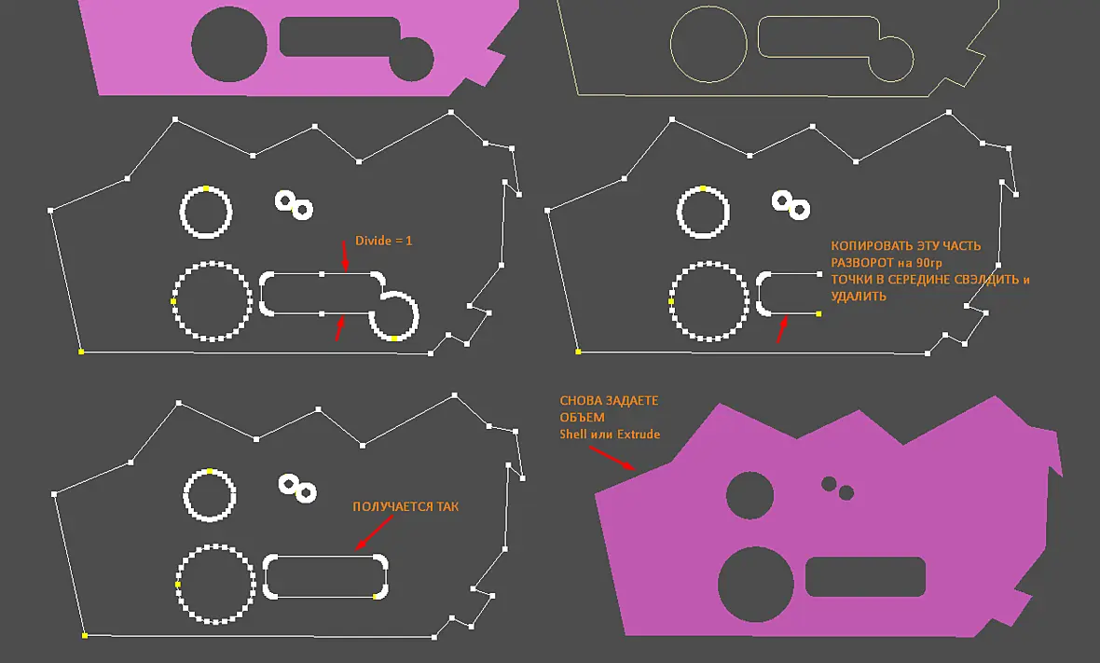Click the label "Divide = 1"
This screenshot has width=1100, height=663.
[384, 241]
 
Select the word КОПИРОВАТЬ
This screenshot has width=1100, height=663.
[862, 246]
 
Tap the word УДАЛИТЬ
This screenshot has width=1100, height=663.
[859, 297]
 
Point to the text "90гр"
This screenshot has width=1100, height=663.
[928, 263]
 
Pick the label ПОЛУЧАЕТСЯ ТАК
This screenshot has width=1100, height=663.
[406, 506]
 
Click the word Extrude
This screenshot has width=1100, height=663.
[639, 435]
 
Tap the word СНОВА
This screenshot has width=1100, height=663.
[578, 401]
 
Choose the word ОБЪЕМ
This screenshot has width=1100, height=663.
[583, 418]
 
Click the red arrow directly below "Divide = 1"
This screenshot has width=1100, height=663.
[344, 256]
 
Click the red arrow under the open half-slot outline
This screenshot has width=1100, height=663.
[781, 330]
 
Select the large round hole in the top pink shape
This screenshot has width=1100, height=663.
[229, 44]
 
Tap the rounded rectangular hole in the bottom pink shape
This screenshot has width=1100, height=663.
[865, 576]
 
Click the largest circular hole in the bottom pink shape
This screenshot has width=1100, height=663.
[755, 585]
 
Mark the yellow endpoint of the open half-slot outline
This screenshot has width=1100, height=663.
[818, 313]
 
